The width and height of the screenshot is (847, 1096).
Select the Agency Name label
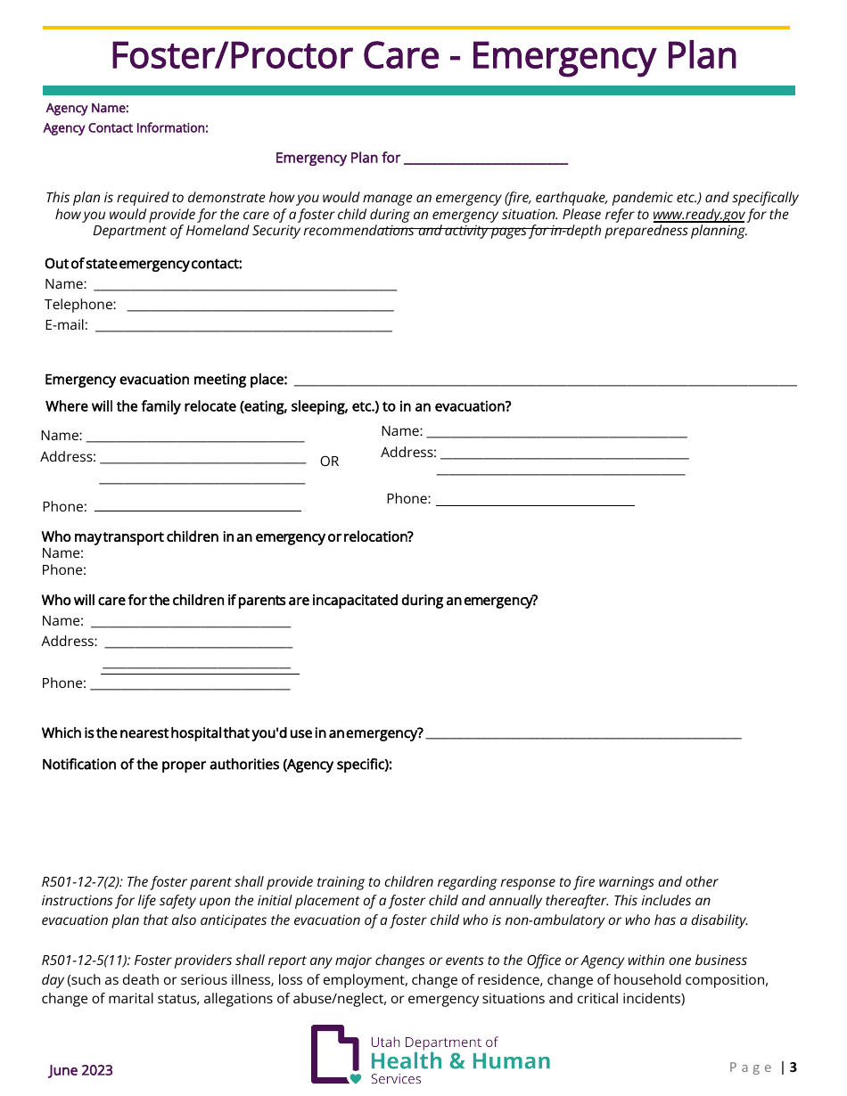click(87, 109)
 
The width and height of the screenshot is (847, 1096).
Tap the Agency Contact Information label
click(126, 128)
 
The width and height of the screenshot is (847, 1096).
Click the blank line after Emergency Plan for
click(485, 159)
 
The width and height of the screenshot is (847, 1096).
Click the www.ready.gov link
click(698, 215)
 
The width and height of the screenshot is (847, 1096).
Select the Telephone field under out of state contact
click(259, 306)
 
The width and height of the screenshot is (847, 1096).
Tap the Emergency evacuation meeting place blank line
click(544, 380)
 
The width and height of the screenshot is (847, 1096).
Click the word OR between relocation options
click(329, 462)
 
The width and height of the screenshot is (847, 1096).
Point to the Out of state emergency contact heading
click(144, 264)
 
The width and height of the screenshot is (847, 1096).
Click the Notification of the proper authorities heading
click(217, 765)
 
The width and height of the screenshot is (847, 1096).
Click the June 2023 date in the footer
click(80, 1070)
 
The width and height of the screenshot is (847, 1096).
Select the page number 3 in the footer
click(793, 1067)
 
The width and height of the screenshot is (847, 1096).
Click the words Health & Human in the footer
click(460, 1061)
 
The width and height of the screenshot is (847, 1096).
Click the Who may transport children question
click(227, 537)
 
